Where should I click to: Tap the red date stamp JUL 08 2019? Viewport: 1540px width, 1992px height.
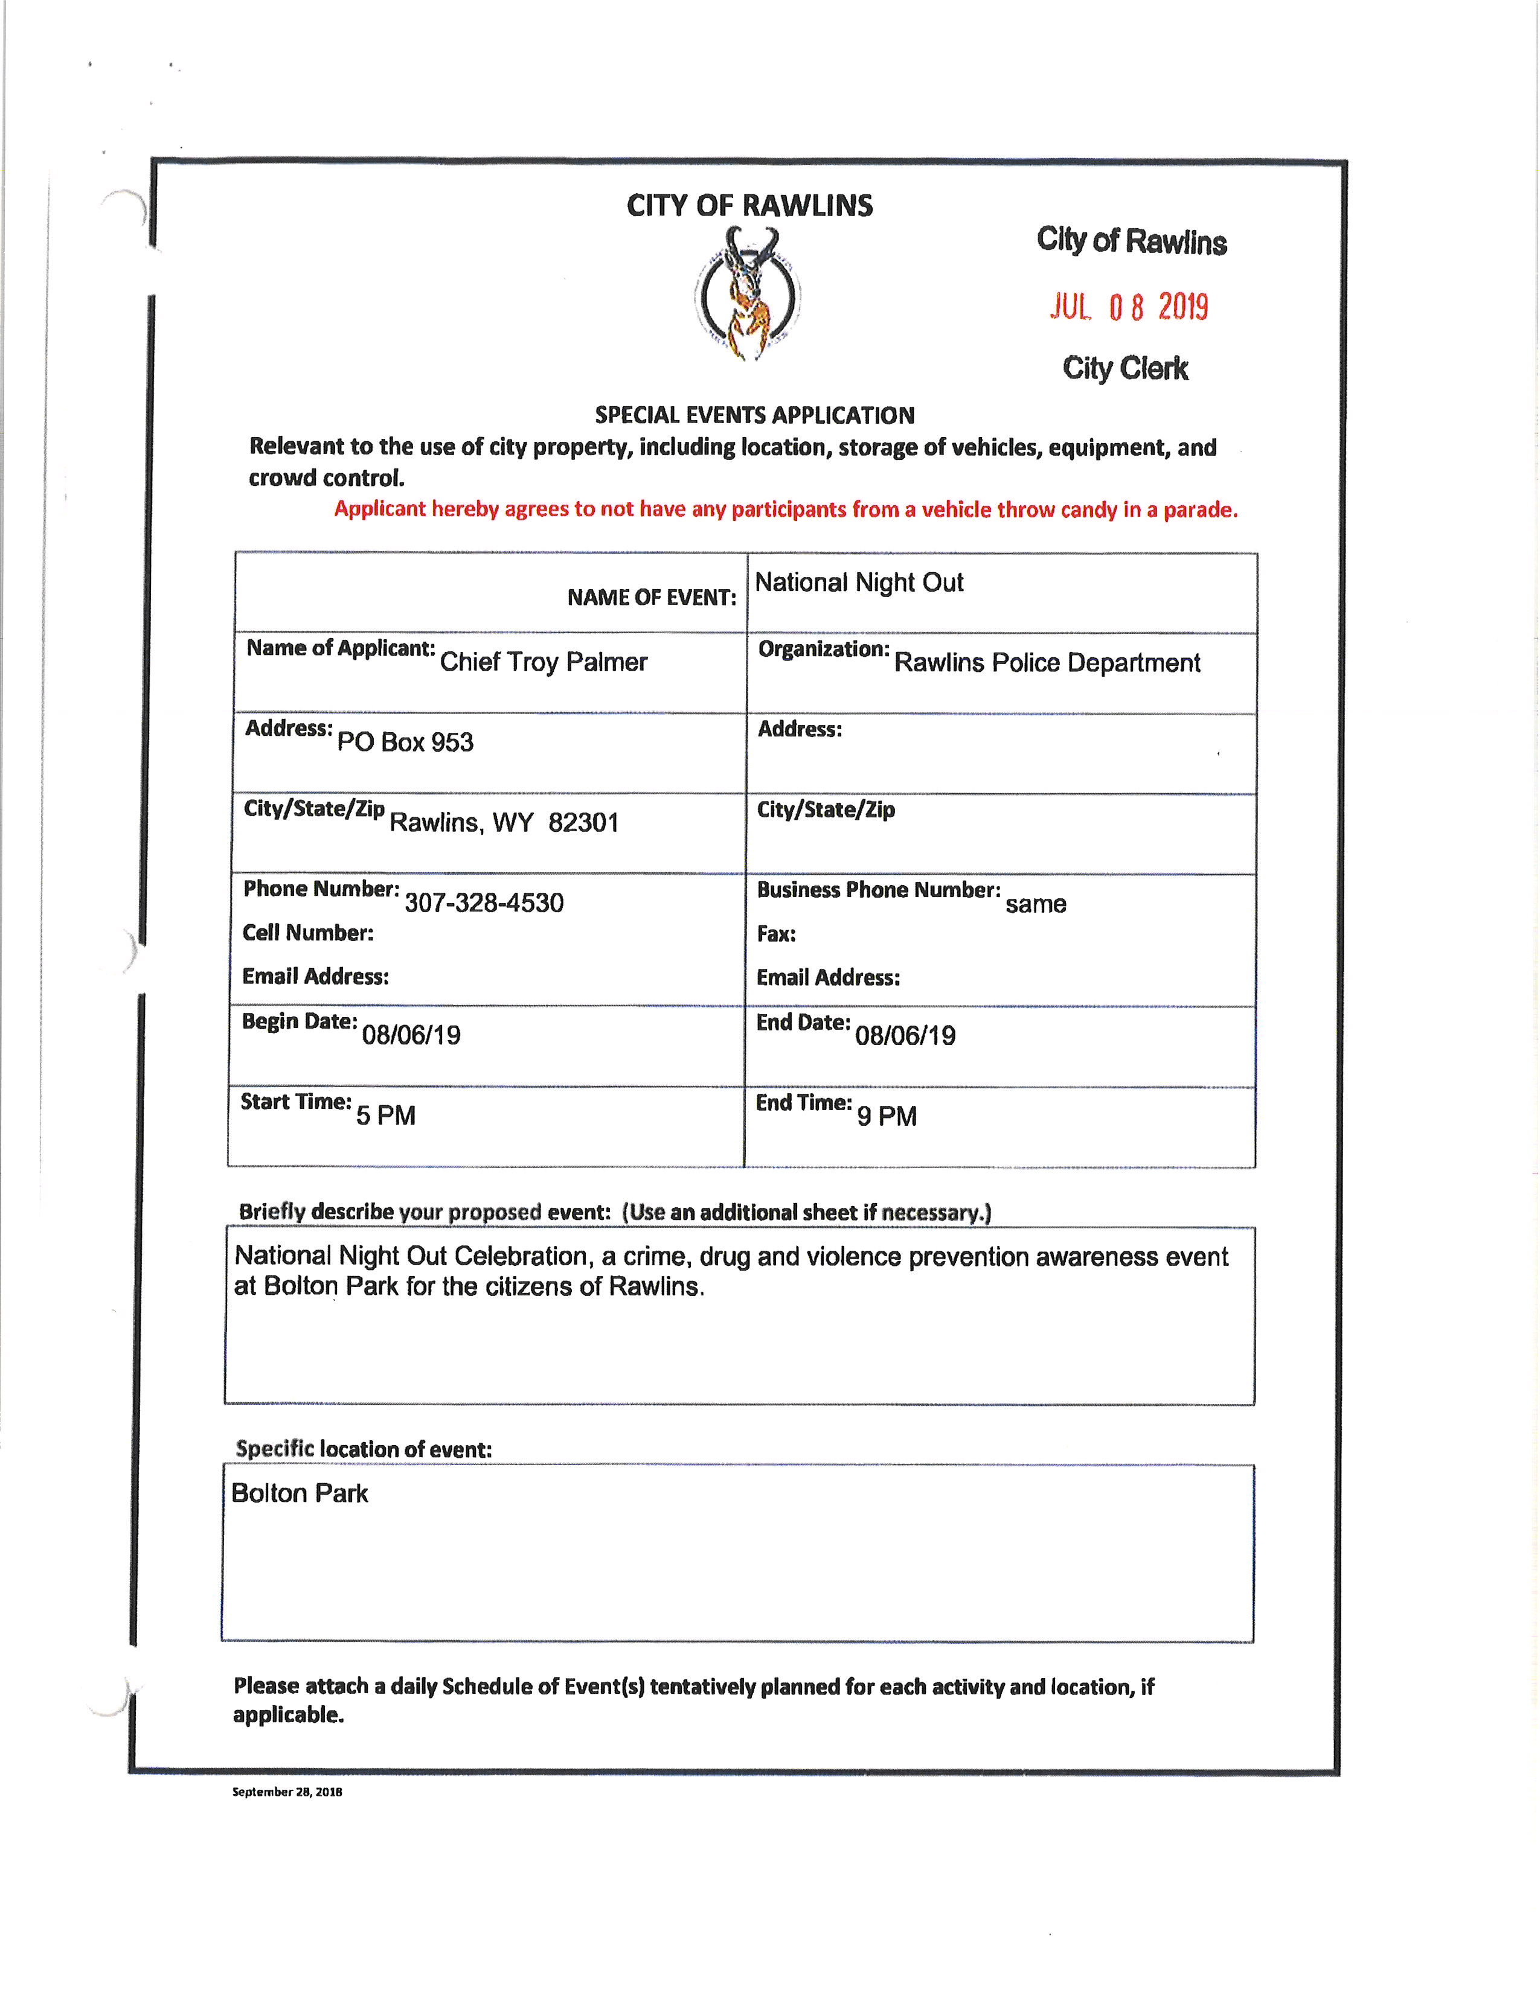click(x=1129, y=307)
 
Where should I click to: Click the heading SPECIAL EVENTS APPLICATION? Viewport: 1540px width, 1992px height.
click(x=754, y=415)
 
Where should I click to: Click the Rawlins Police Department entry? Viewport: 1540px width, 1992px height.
click(x=1047, y=662)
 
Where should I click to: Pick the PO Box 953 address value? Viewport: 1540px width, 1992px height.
click(x=405, y=741)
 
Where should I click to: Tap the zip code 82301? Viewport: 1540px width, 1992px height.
click(x=583, y=823)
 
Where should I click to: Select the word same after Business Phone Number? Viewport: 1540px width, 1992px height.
click(x=1036, y=904)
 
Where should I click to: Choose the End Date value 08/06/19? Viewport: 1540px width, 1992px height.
click(x=905, y=1035)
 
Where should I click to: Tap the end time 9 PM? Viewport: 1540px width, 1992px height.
click(x=886, y=1116)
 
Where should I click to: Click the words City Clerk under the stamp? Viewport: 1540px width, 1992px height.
click(x=1125, y=368)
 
